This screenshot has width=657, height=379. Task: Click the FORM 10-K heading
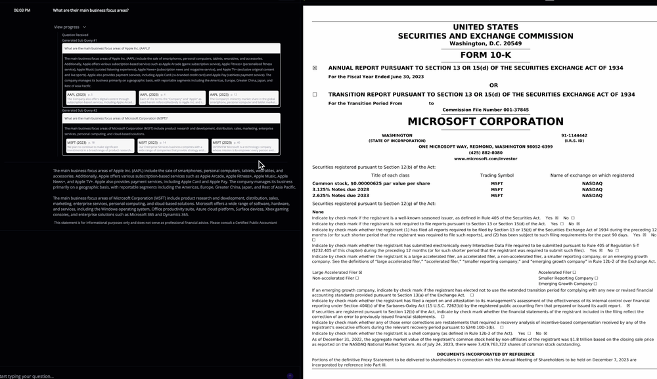(x=486, y=55)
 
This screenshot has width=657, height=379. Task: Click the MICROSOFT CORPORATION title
(x=486, y=122)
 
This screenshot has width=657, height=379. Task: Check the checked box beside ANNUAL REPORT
(x=315, y=68)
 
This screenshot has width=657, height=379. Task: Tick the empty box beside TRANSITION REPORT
(x=315, y=95)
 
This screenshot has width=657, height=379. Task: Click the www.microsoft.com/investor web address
(x=486, y=158)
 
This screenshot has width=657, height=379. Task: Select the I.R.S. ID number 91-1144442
(x=574, y=135)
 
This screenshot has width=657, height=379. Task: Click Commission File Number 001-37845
(x=486, y=110)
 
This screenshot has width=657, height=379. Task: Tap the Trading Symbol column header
(x=497, y=175)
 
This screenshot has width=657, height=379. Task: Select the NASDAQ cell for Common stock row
(x=591, y=183)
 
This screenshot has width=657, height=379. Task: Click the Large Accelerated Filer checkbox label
(x=335, y=272)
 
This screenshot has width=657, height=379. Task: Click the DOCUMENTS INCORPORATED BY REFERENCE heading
(x=486, y=354)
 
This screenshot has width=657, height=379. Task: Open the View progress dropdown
(x=70, y=27)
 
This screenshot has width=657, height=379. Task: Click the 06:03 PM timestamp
(x=22, y=11)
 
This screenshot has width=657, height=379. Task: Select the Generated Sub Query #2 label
(x=79, y=110)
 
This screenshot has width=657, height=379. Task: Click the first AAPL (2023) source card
(x=100, y=98)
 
